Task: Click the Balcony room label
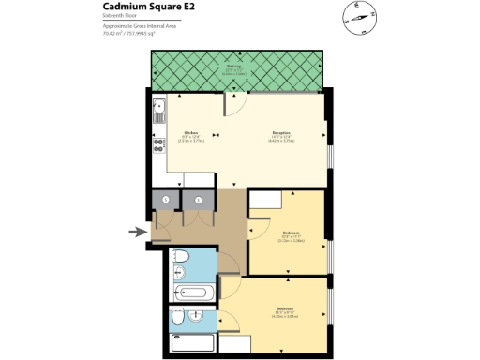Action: click(x=234, y=67)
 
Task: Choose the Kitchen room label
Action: click(x=190, y=133)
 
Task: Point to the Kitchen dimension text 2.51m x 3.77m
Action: click(x=190, y=141)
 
